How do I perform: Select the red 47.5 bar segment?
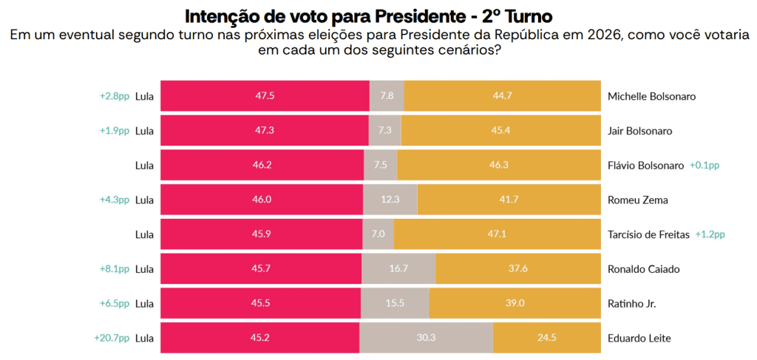point(265,96)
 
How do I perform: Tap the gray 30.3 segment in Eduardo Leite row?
point(426,339)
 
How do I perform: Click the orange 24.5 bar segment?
point(547,339)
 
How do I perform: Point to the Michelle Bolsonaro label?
point(651,96)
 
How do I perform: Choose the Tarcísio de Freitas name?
point(648,234)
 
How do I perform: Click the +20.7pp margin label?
point(112,338)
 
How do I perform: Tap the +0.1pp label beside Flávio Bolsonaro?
point(704,166)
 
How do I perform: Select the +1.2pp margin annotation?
point(710,234)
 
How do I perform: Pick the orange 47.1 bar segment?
point(498,234)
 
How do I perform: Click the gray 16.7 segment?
point(398,269)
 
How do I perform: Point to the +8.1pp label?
point(115,269)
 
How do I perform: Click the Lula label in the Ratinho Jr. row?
point(144,304)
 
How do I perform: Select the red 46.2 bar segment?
point(262,166)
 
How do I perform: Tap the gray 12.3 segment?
point(390,200)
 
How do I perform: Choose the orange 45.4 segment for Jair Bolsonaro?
point(501,131)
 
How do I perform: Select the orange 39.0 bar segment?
point(515,304)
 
